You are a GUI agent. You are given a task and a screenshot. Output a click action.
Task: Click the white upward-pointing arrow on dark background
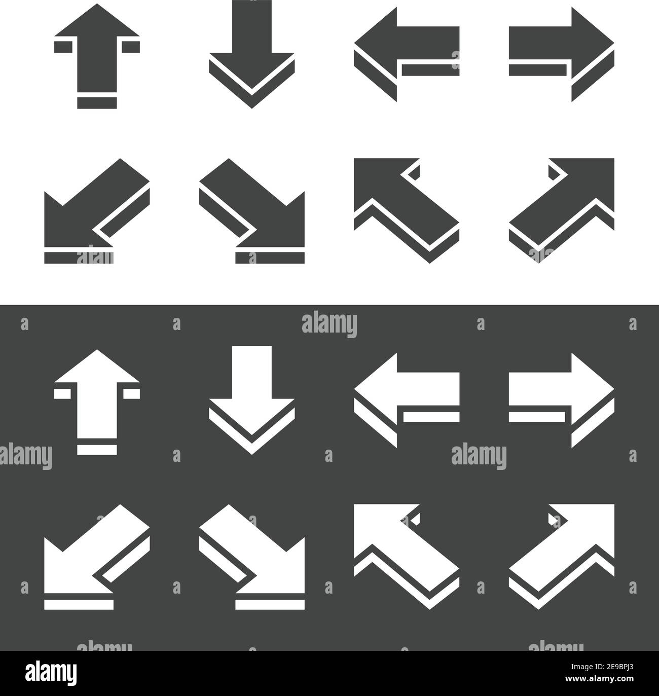96,395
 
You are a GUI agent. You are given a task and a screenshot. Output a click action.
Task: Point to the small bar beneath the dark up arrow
97,103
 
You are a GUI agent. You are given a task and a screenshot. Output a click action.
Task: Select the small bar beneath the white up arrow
97,449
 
